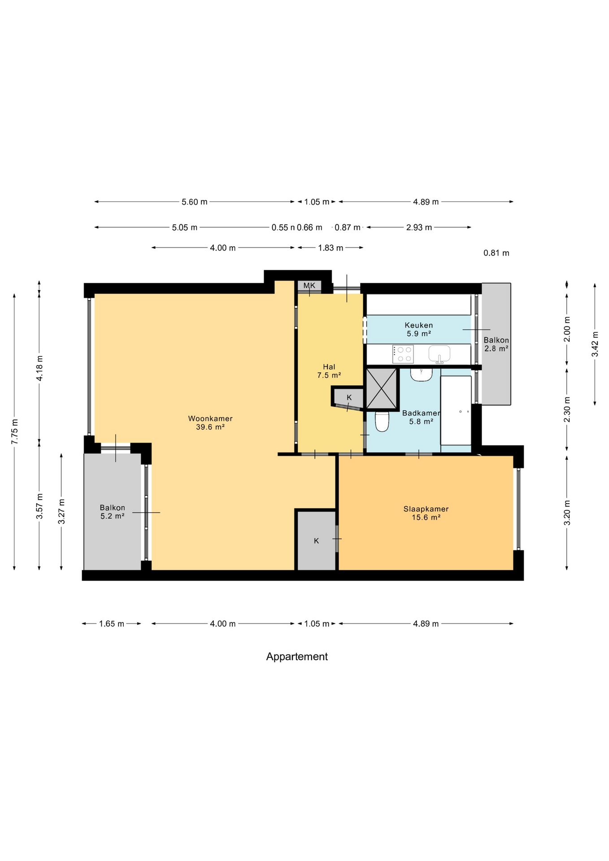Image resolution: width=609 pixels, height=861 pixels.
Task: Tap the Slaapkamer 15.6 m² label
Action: pos(426,513)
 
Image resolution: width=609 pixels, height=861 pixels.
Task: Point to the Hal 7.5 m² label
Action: pos(329,371)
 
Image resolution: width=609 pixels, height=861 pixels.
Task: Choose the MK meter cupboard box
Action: pos(309,286)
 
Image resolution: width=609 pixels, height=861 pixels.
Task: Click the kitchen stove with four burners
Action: pos(403,354)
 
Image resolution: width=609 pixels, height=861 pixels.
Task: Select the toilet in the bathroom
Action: pos(382,421)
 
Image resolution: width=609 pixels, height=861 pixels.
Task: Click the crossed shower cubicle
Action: pos(382,389)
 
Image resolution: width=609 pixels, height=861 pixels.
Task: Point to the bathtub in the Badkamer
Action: pos(456,410)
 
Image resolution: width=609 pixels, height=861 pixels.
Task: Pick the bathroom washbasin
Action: pos(421,374)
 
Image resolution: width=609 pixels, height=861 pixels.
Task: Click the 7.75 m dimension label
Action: pos(15,432)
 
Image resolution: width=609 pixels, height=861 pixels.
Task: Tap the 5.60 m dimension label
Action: pos(195,202)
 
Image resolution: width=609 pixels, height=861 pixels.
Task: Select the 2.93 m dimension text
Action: pos(419,227)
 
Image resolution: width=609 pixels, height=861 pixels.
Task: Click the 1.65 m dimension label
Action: pos(112,624)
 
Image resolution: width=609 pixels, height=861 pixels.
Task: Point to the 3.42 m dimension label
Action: pos(595,344)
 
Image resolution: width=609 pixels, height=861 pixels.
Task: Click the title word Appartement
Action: pos(297,657)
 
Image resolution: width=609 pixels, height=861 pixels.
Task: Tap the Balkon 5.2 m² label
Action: pos(113,512)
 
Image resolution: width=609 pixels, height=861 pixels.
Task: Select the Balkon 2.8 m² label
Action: pos(496,344)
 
